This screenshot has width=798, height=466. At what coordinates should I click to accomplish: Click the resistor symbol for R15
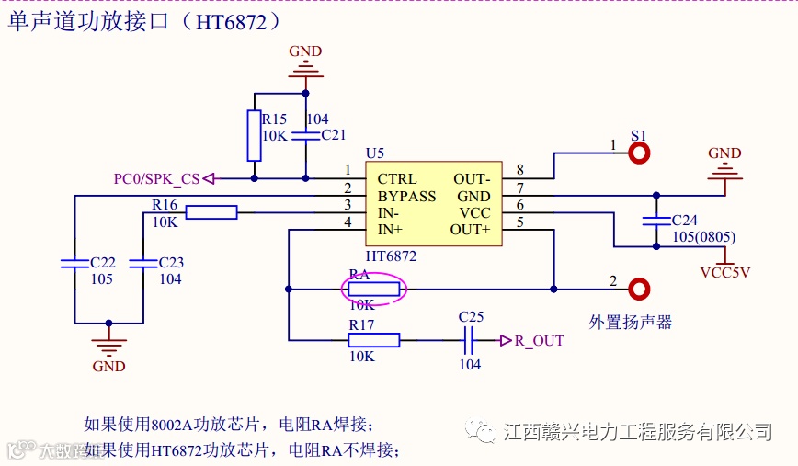pos(254,135)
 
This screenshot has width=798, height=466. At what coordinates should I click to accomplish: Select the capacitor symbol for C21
pos(306,135)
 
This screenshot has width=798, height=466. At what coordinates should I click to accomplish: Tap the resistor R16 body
pos(211,212)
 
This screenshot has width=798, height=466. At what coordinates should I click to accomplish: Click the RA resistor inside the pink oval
pos(373,290)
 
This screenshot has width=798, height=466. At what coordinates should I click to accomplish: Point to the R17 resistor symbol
pos(373,340)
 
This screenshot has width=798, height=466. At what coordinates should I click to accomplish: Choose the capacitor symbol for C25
pos(469,341)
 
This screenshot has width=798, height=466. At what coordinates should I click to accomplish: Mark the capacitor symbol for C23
pos(143,263)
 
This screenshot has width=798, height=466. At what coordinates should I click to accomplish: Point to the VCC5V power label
pos(725,272)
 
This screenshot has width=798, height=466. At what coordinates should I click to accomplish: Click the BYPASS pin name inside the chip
pos(406,196)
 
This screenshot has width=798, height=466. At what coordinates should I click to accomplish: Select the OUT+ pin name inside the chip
pos(470,229)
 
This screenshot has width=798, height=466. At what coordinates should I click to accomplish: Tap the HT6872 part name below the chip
pos(390,256)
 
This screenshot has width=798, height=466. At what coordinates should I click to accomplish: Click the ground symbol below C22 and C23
pos(109,347)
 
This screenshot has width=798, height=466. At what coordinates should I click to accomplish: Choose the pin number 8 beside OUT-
pos(519,170)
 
